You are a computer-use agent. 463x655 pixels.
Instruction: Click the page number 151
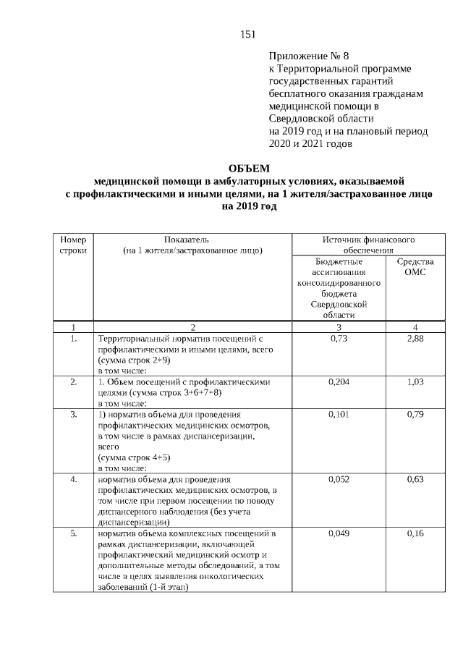tap(248, 34)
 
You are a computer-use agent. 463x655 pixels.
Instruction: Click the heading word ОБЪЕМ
tap(248, 169)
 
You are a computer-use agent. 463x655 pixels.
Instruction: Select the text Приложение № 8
tap(309, 56)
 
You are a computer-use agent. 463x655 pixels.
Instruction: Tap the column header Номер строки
tap(73, 245)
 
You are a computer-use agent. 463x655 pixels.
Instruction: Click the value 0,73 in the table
tap(339, 339)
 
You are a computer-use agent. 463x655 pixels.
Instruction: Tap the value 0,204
tap(339, 381)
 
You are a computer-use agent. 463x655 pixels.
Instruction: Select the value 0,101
tap(339, 414)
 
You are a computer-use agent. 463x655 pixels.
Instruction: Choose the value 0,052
tap(339, 479)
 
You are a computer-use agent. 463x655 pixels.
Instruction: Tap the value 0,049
tap(339, 533)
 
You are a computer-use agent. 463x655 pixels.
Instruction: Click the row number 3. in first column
tap(73, 414)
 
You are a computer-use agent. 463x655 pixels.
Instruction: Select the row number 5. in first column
tap(73, 533)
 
